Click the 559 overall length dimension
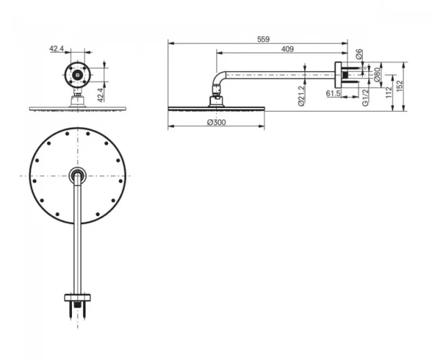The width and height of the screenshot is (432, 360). pyautogui.click(x=263, y=39)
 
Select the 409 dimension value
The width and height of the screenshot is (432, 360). pyautogui.click(x=287, y=48)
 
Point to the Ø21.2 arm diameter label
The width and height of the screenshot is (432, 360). pyautogui.click(x=302, y=94)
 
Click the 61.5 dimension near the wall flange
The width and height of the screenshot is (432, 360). pyautogui.click(x=333, y=92)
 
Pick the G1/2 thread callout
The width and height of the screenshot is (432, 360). pyautogui.click(x=364, y=97)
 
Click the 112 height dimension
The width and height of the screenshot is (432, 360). pyautogui.click(x=390, y=88)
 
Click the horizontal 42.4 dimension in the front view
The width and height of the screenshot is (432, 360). pyautogui.click(x=57, y=49)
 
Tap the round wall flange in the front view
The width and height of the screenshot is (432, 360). pyautogui.click(x=78, y=73)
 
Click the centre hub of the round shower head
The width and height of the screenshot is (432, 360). pyautogui.click(x=78, y=175)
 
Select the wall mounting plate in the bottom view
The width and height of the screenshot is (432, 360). pyautogui.click(x=78, y=298)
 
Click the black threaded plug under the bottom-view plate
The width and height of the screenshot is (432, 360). pyautogui.click(x=78, y=305)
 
